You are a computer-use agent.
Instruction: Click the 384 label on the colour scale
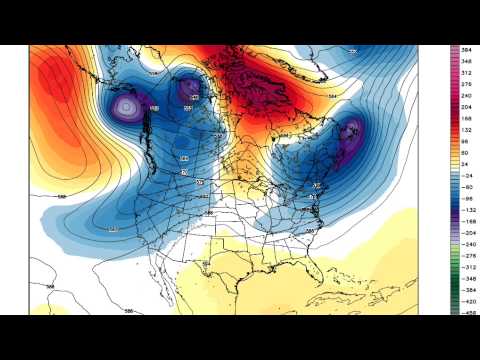coord(467,49)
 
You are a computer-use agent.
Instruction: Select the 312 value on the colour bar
coord(467,73)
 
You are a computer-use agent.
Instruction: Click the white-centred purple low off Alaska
coord(127,106)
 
